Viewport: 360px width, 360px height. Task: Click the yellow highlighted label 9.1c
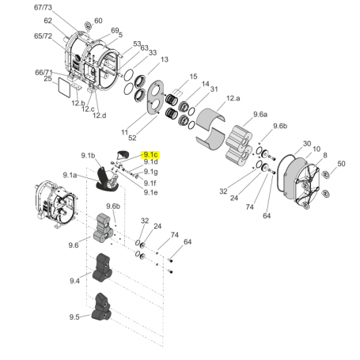tap(150, 153)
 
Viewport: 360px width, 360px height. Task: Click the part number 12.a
tap(233, 98)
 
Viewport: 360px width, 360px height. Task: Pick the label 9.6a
tap(260, 115)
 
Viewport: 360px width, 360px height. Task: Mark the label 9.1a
tap(70, 175)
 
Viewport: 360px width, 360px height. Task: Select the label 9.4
tap(75, 280)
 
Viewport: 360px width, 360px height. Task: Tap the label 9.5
tap(75, 316)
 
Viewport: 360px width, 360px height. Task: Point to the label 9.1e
tap(150, 191)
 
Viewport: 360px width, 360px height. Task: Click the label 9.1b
tap(87, 155)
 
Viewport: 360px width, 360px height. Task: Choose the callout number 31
tap(214, 89)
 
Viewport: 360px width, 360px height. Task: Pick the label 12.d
tap(99, 116)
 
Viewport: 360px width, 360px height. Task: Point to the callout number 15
tap(191, 76)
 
